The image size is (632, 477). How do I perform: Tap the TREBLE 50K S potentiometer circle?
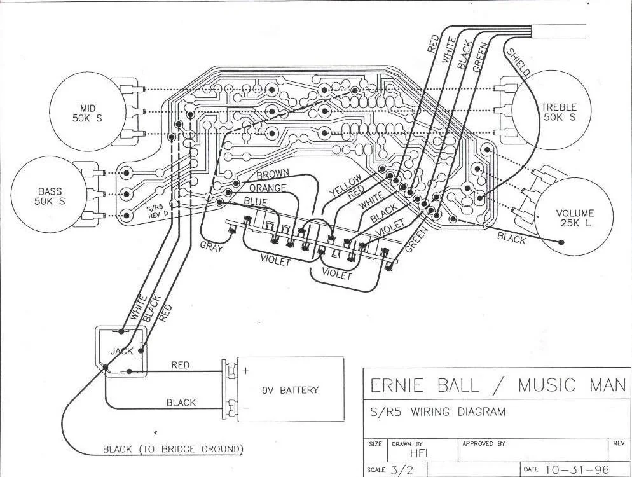(x=558, y=112)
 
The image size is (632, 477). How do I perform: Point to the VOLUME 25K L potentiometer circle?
(x=574, y=218)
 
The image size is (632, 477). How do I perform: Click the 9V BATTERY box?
(x=290, y=390)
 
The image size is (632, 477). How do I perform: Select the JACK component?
(x=121, y=351)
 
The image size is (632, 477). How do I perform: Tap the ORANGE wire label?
(x=267, y=189)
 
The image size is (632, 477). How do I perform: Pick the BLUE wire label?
(x=256, y=202)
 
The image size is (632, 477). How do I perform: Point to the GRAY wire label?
(x=211, y=247)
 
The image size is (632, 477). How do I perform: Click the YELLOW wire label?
(x=345, y=184)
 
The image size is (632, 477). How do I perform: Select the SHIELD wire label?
(x=518, y=62)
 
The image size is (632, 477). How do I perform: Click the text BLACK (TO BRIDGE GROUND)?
(x=173, y=450)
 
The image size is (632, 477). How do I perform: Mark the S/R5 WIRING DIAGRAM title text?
(x=437, y=412)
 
